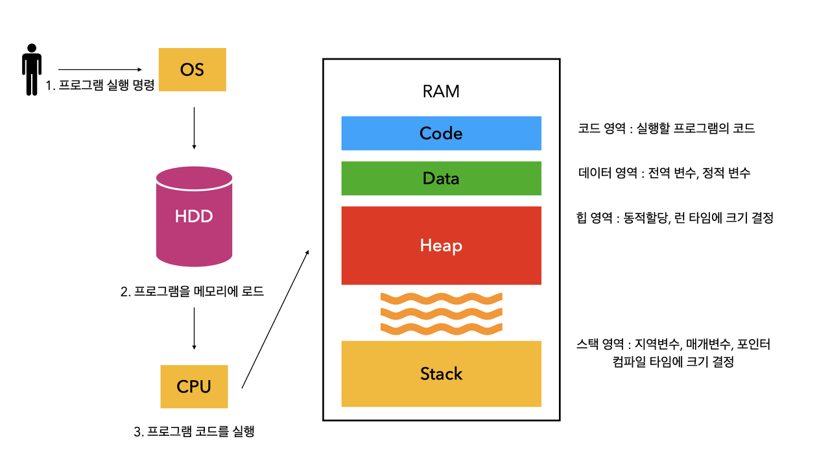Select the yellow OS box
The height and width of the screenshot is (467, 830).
(193, 69)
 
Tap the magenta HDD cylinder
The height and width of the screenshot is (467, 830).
(195, 216)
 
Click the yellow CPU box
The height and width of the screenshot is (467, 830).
(194, 387)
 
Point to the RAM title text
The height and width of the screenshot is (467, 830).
(441, 91)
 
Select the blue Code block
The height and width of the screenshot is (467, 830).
(441, 133)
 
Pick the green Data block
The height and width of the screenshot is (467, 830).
(441, 178)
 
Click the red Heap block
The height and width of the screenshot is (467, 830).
(441, 245)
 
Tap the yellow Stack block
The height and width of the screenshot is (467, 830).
(441, 374)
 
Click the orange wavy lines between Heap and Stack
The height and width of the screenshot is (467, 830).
(441, 313)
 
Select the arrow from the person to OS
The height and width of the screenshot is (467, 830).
(100, 69)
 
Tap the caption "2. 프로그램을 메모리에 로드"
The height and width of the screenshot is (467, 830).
(193, 291)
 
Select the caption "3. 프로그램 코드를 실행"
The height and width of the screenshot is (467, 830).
(194, 431)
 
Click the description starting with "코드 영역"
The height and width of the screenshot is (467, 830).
(666, 128)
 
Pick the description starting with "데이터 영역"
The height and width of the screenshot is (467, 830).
(664, 173)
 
